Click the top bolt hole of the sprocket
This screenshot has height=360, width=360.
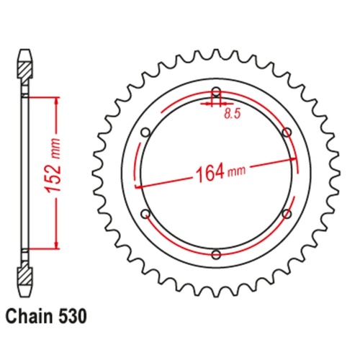pos(216,91)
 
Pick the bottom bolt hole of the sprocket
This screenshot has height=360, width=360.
pos(216,254)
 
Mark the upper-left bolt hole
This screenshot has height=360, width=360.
pos(146,132)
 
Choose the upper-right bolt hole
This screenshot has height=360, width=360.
pos(287,132)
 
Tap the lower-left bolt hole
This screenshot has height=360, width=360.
pos(146,214)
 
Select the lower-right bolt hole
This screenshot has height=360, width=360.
pos(287,214)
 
